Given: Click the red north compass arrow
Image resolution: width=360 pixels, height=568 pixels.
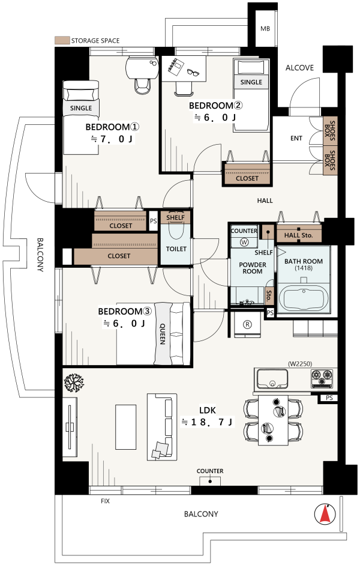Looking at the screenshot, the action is click(x=325, y=515).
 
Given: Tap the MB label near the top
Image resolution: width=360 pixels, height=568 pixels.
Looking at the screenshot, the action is click(x=265, y=29).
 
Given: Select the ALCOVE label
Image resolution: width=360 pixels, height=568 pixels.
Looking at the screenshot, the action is click(x=299, y=68).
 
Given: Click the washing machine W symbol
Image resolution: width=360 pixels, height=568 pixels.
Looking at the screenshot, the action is click(x=244, y=243).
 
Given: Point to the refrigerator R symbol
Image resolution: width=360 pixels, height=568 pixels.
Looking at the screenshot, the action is click(x=247, y=325).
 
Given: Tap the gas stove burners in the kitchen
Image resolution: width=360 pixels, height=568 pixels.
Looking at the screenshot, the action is click(x=322, y=378).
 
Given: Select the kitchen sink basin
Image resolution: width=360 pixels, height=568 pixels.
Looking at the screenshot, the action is click(x=272, y=378).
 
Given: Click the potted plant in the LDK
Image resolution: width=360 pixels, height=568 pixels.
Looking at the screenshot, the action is click(x=74, y=382).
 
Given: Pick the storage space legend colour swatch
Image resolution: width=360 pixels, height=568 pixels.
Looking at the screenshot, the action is click(x=62, y=40).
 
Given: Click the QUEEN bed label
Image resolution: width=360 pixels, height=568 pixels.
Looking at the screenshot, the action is click(x=163, y=334).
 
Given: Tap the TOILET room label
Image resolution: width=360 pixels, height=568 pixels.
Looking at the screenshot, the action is click(x=176, y=249).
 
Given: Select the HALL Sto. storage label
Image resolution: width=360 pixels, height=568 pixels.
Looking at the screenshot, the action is click(x=298, y=235).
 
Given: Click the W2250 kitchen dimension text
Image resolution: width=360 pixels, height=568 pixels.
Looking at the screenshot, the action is click(x=300, y=364).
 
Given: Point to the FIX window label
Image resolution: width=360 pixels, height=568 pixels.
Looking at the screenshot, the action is click(x=105, y=501).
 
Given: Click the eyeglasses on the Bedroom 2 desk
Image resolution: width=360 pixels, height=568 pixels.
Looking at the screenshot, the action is click(x=193, y=73).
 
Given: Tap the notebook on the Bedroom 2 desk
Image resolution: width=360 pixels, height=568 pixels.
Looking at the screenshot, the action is click(x=175, y=67).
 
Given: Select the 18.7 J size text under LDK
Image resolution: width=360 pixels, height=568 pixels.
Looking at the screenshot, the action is click(x=208, y=421).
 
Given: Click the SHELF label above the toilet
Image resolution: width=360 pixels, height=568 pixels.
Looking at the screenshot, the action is click(x=175, y=217).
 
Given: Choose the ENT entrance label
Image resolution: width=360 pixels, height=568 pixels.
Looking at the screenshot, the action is click(x=296, y=138).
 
